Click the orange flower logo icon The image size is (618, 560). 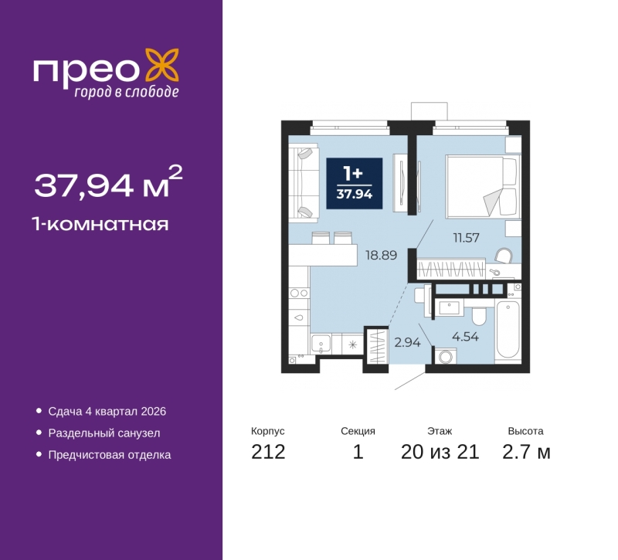coord(162,65)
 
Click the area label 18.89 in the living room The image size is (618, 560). coord(381,255)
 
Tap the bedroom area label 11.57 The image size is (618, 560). coord(467,238)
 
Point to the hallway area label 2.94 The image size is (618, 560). coord(408,342)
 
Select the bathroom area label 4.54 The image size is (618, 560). coord(466,337)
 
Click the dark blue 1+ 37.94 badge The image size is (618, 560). coord(355,183)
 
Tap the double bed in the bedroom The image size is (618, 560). coord(481,187)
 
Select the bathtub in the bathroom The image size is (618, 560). coord(508,330)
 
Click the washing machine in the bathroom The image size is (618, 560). coord(446,356)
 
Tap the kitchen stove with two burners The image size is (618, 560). coord(299,293)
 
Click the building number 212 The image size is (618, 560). coord(268,452)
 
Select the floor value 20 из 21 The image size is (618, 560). coord(440,452)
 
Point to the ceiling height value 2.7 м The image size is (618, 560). coord(526,452)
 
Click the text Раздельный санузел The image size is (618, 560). coord(104,433)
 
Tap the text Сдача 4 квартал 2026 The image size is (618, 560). coord(107,412)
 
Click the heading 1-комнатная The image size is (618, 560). coord(100,224)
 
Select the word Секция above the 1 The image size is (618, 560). coord(358,431)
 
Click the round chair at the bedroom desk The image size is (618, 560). coord(504,256)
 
